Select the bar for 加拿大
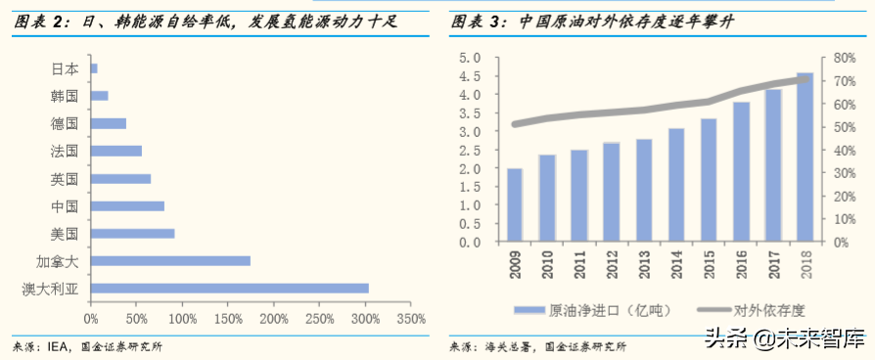click(170, 260)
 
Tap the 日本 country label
click(65, 68)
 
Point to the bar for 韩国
click(99, 96)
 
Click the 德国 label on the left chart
click(65, 123)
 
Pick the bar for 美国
click(132, 233)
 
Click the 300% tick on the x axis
click(366, 319)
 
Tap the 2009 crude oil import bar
click(514, 205)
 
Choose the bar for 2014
click(676, 185)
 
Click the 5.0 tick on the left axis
click(469, 58)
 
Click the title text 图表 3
click(480, 21)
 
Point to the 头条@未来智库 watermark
click(782, 340)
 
